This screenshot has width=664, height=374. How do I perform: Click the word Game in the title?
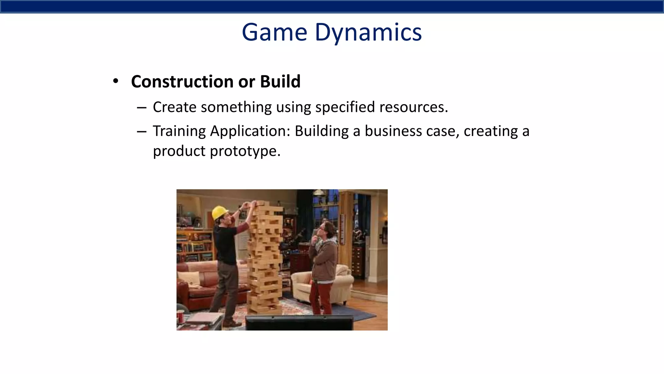(274, 32)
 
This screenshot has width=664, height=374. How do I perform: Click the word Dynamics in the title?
(368, 32)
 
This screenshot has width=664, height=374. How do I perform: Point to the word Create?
(174, 107)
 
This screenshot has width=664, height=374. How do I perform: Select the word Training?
(179, 131)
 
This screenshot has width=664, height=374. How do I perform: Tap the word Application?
(250, 131)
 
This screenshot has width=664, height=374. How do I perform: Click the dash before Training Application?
(142, 131)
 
